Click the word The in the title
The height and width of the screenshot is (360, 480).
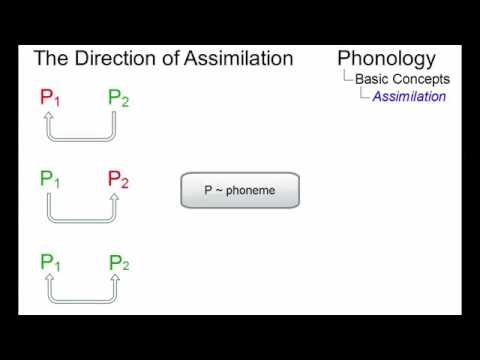[50, 58]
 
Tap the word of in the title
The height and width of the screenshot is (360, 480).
[166, 58]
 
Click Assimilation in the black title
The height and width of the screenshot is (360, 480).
[238, 58]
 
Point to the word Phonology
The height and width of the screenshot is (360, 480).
[386, 58]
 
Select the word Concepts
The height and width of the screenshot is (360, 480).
[422, 79]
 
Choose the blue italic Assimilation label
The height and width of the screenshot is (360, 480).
[409, 97]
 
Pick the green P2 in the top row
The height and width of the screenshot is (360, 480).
[118, 98]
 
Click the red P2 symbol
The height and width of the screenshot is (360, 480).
[118, 180]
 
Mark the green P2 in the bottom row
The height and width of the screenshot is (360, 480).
[118, 263]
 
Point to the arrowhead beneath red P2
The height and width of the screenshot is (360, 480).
[114, 198]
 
